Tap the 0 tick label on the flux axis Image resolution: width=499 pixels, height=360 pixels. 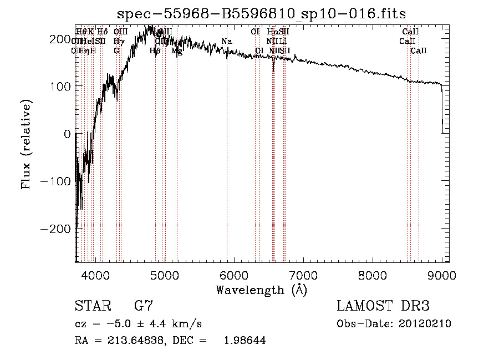click(67, 134)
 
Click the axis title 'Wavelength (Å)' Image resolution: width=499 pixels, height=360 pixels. click(261, 290)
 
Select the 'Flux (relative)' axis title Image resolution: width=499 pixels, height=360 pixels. click(27, 144)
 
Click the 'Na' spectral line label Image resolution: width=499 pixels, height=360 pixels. click(226, 41)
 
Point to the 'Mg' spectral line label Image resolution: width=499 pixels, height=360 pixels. click(176, 50)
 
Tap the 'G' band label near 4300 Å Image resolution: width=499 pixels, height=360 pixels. click(116, 50)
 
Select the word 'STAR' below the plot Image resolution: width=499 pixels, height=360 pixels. click(90, 306)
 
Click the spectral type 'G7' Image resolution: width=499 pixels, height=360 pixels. click(143, 306)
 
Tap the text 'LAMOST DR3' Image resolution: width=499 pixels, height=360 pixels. click(383, 306)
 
